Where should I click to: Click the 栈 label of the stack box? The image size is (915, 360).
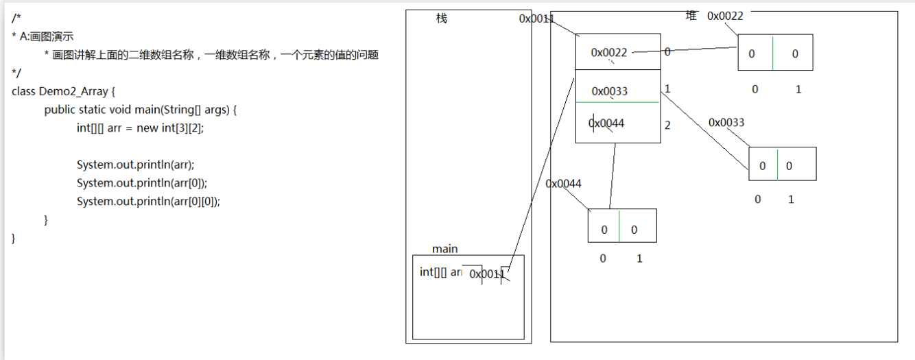442,19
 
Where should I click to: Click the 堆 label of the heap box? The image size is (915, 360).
691,15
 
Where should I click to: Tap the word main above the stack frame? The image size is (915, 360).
445,249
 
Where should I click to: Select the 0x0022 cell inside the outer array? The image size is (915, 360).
609,53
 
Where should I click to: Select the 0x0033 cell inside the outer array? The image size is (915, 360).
610,91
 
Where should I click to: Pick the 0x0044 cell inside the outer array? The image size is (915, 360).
607,123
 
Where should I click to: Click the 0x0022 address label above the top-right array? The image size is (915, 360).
725,16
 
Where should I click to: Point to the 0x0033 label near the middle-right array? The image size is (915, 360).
726,123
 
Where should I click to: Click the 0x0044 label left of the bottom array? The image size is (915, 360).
564,184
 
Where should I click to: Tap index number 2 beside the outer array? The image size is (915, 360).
667,125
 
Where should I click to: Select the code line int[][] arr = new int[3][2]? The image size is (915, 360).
141,128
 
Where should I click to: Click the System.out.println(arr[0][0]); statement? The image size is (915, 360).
148,201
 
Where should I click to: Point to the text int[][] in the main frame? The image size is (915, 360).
433,272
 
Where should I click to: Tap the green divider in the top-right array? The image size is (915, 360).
773,53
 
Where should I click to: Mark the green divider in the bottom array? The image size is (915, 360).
619,226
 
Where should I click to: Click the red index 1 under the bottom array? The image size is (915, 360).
639,259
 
